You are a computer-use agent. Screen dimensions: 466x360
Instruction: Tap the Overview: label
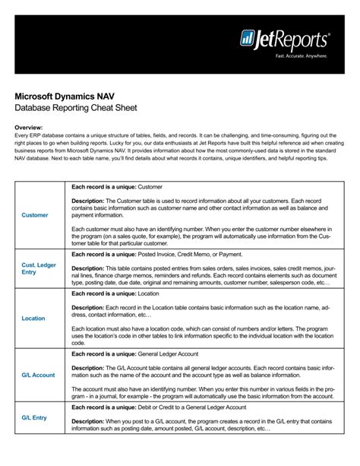[x=29, y=128]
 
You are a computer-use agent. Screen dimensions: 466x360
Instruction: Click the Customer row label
[x=35, y=215]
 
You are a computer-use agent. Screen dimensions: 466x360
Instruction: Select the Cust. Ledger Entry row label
[x=39, y=268]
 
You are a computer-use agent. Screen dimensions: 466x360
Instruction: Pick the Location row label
[x=33, y=319]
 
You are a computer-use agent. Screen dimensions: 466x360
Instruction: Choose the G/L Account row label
[x=38, y=375]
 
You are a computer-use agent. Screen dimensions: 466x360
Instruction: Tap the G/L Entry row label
[x=34, y=417]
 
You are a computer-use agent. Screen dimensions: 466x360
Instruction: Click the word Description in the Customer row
[x=87, y=201]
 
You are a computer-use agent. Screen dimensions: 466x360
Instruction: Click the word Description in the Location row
[x=87, y=307]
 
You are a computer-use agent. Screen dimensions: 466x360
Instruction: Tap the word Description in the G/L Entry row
[x=87, y=421]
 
